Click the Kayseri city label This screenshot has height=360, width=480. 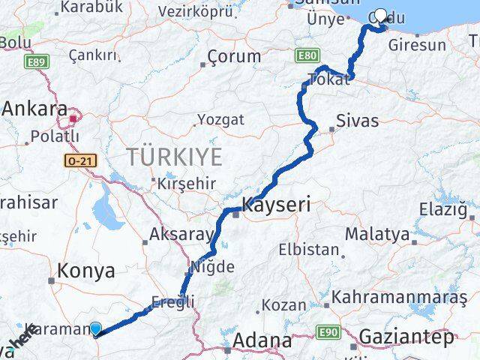click(x=276, y=203)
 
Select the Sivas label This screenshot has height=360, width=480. click(x=358, y=120)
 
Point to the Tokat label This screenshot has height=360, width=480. click(x=328, y=79)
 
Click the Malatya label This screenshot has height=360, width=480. click(x=378, y=234)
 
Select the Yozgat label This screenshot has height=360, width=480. click(x=220, y=119)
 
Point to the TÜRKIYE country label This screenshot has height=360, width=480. click(x=174, y=157)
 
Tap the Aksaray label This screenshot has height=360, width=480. click(x=181, y=234)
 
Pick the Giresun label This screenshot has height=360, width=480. click(x=417, y=45)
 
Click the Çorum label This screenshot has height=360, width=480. click(x=234, y=56)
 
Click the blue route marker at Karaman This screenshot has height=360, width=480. click(x=95, y=328)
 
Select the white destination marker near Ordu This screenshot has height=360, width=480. click(x=380, y=16)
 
